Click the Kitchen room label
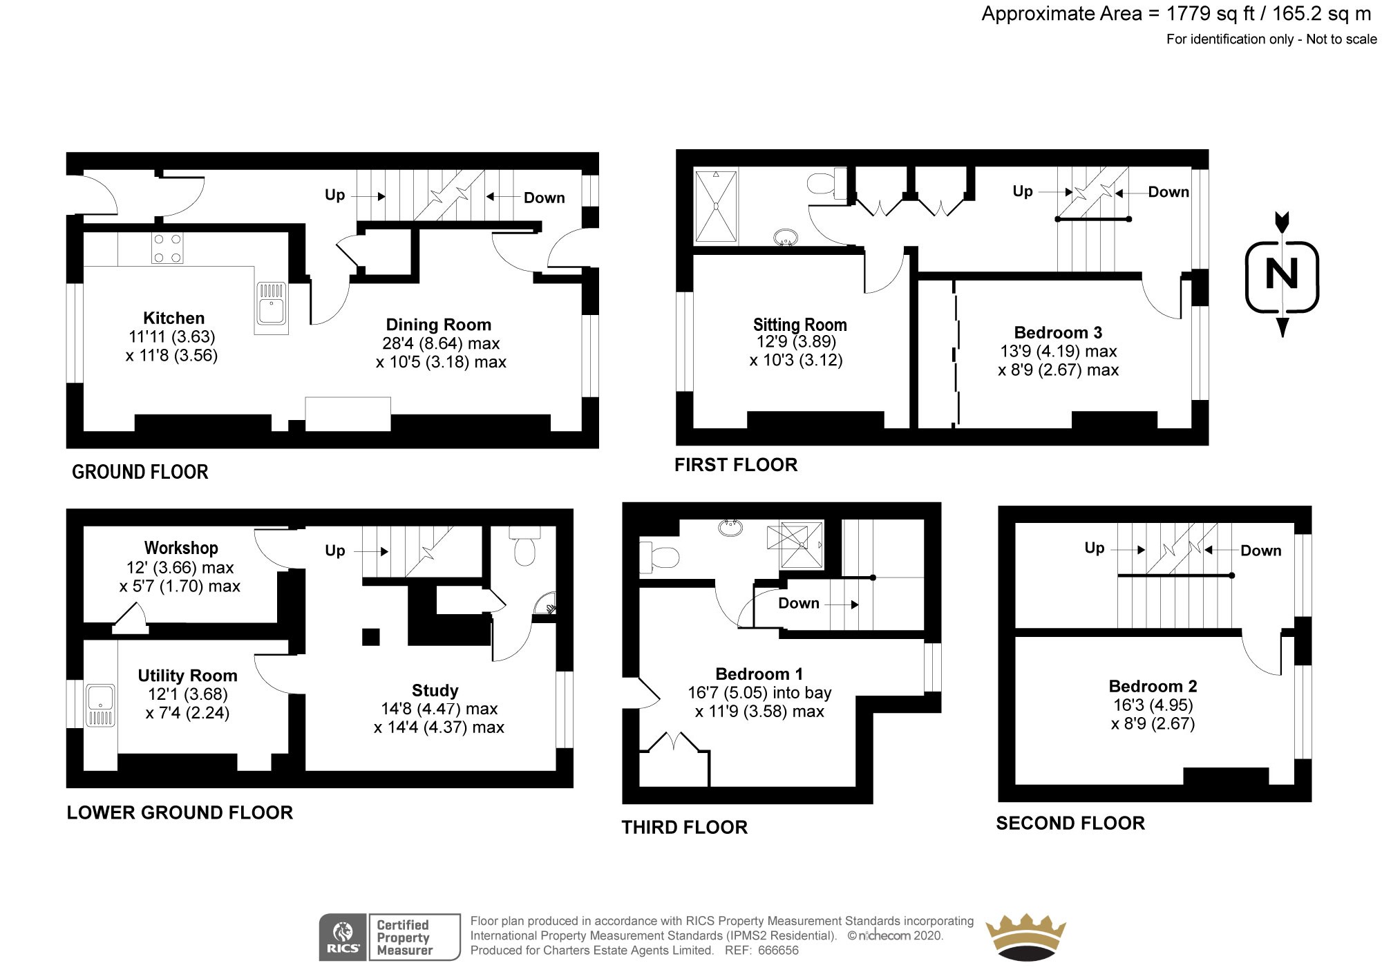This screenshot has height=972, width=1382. pos(173,318)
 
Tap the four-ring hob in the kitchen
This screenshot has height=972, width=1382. pos(167,249)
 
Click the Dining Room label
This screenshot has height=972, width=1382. pos(438,325)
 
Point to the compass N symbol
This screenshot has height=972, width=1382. pos(1282,275)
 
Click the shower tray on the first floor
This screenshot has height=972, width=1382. pos(716,206)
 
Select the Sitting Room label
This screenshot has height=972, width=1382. pos(799,325)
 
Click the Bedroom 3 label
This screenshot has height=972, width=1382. pos(1058,332)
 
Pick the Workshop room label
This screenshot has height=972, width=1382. pos(181,548)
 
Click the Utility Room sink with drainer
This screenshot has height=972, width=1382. pos(101,705)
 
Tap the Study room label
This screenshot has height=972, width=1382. pos(435,690)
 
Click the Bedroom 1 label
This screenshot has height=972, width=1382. pos(759,674)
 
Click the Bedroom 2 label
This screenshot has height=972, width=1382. pos(1153,686)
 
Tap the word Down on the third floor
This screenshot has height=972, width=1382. pos(798,603)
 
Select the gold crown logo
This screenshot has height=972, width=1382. pos(1025,937)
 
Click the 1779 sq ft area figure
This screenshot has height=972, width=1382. pos(1210,14)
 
